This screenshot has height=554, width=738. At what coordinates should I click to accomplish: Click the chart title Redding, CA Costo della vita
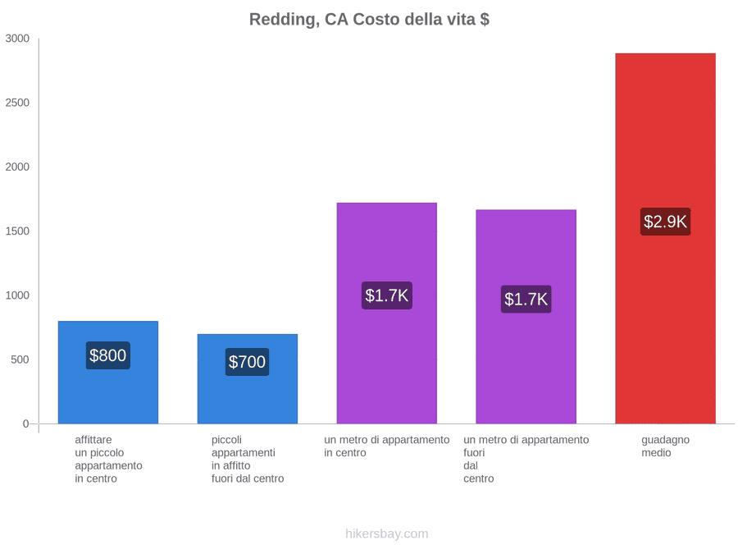click(x=369, y=20)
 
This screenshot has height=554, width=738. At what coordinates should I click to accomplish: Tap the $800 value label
click(x=107, y=355)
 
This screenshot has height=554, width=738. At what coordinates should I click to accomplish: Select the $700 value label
click(x=247, y=362)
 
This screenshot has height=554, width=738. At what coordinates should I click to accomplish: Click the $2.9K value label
click(x=666, y=222)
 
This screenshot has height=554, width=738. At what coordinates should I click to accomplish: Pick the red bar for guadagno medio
click(x=666, y=238)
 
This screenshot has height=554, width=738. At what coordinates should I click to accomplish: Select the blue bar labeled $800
click(x=108, y=373)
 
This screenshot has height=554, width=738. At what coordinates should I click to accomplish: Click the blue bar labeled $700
click(x=248, y=379)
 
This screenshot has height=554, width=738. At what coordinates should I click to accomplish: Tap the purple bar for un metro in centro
click(x=387, y=314)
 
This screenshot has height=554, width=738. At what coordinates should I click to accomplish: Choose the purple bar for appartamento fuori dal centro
click(x=526, y=317)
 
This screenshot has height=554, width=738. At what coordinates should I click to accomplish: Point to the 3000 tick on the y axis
click(x=17, y=38)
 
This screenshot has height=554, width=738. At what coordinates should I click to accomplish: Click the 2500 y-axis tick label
click(x=17, y=103)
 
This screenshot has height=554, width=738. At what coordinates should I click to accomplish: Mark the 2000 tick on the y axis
click(x=17, y=167)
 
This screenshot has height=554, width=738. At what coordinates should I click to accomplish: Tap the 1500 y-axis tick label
click(x=17, y=231)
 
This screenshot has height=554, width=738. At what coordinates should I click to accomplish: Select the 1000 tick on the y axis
click(x=17, y=295)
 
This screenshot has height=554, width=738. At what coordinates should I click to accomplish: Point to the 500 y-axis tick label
click(x=20, y=359)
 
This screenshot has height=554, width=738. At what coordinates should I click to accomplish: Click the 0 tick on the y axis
click(x=26, y=424)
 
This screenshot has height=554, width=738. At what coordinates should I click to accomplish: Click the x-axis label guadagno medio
click(x=666, y=446)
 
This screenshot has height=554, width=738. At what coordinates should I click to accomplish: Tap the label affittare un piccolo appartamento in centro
click(x=108, y=460)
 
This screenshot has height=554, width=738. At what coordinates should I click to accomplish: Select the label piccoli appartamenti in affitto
click(x=248, y=460)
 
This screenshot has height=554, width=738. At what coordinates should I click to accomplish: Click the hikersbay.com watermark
click(x=387, y=533)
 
